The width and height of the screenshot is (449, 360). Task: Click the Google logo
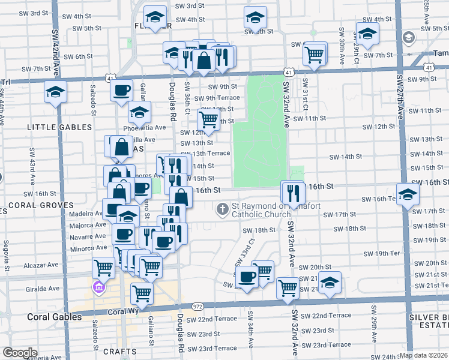click(x=20, y=353)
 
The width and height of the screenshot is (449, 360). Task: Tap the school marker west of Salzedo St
click(x=56, y=92)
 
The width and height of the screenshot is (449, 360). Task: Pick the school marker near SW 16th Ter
click(x=408, y=195)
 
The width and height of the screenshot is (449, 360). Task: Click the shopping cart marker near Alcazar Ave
click(x=104, y=266)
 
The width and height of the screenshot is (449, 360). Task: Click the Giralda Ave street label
click(x=43, y=288)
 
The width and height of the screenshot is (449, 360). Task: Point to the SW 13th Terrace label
click(x=210, y=154)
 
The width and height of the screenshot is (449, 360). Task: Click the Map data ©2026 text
click(x=424, y=355)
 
